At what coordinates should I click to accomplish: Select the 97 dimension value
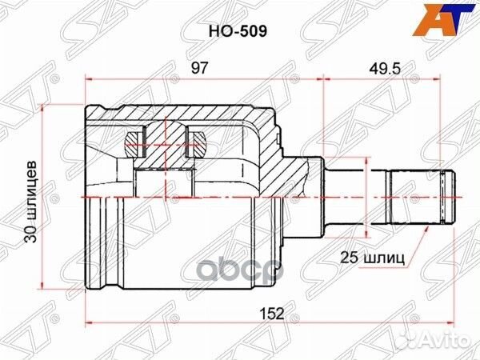point(199,69)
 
